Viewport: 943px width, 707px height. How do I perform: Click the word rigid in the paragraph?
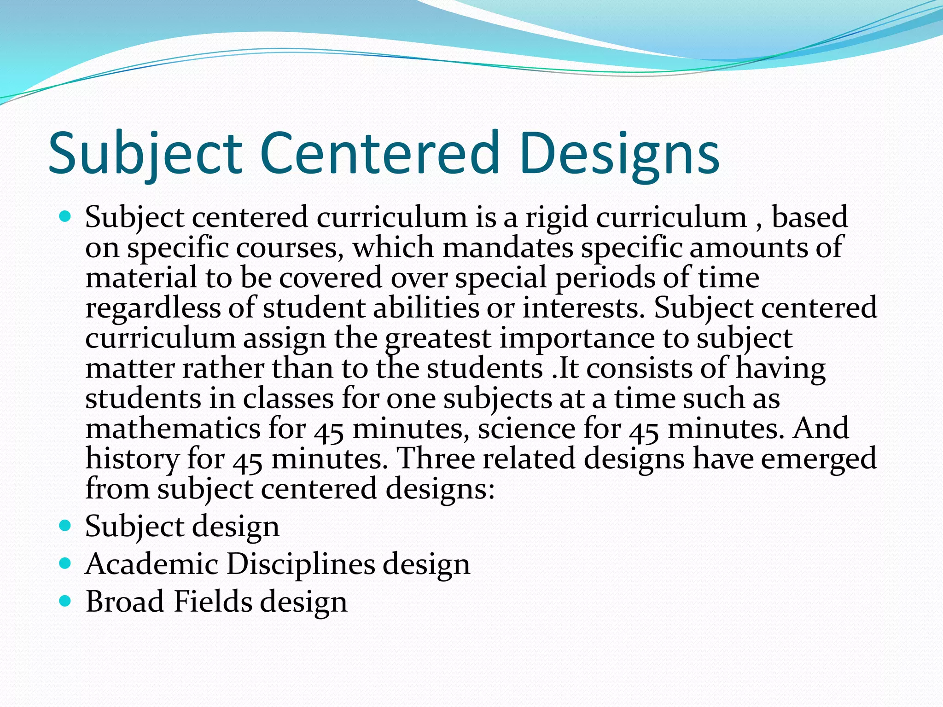557,217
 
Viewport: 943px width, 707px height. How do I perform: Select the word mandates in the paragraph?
507,248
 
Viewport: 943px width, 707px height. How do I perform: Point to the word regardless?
152,308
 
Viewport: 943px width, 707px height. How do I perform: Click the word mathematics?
173,429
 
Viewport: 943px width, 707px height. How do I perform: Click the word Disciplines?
301,564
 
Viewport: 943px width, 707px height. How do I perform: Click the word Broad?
125,602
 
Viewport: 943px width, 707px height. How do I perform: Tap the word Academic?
152,564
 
